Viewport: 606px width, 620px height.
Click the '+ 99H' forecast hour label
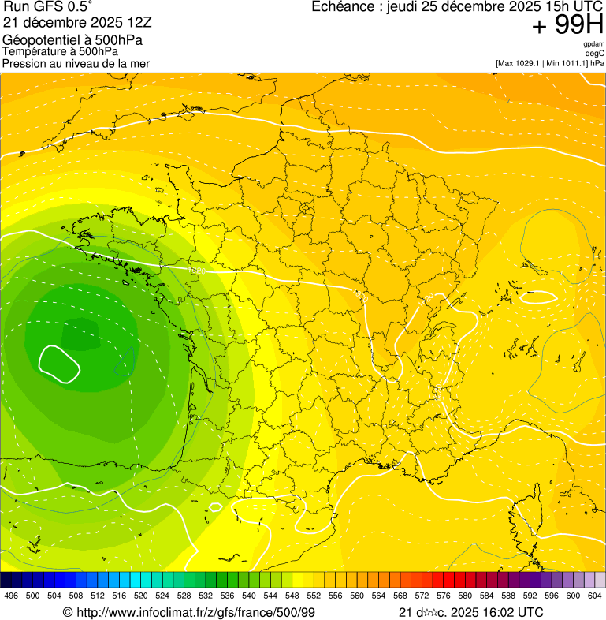567,25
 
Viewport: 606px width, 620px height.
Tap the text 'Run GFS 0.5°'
47,7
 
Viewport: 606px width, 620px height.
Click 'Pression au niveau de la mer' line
76,63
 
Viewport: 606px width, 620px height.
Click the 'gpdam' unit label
593,45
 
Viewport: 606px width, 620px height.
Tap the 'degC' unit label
595,54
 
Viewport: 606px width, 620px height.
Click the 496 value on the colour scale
11,596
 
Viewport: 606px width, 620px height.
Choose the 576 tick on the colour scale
444,596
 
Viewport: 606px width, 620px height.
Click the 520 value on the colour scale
141,596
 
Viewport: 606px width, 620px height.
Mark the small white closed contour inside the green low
60,362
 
